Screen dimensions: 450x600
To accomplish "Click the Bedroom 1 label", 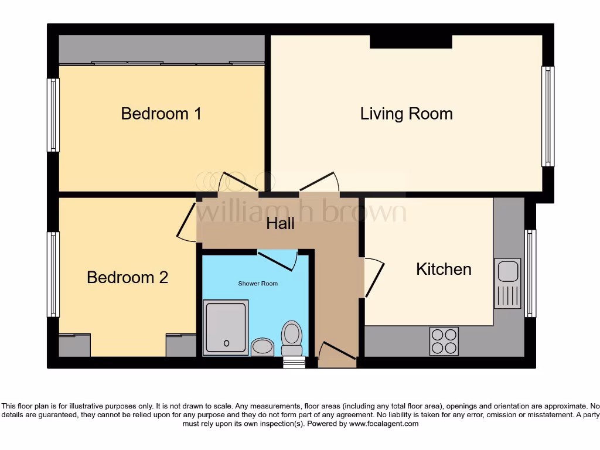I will pyautogui.click(x=161, y=113).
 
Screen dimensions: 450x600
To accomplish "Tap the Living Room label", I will pyautogui.click(x=406, y=113).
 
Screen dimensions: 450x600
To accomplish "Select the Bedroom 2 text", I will pyautogui.click(x=127, y=277).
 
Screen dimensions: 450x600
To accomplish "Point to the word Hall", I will pyautogui.click(x=280, y=223).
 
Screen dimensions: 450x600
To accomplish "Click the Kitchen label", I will pyautogui.click(x=444, y=269).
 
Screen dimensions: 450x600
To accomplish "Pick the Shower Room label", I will pyautogui.click(x=258, y=284).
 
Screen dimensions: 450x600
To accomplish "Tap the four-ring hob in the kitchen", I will pyautogui.click(x=444, y=341).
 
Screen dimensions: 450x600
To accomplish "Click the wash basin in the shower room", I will pyautogui.click(x=262, y=346).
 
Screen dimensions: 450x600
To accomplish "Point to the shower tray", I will pyautogui.click(x=226, y=328).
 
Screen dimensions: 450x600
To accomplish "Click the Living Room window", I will pyautogui.click(x=547, y=116).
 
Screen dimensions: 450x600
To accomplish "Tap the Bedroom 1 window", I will pyautogui.click(x=53, y=115).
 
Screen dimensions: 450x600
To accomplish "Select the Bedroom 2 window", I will pyautogui.click(x=53, y=274).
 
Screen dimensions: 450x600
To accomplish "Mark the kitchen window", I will pyautogui.click(x=530, y=273).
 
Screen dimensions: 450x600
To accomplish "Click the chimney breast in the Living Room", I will pyautogui.click(x=411, y=41).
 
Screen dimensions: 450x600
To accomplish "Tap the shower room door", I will pyautogui.click(x=277, y=259).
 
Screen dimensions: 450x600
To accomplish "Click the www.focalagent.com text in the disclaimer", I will pyautogui.click(x=384, y=424).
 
